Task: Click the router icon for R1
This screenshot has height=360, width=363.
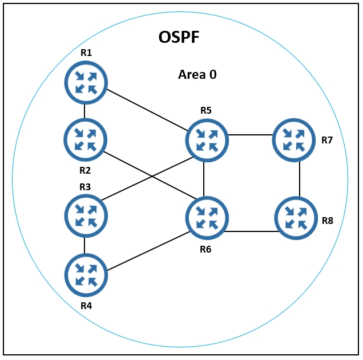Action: click(x=86, y=82)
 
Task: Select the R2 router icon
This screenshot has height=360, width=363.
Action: click(x=86, y=140)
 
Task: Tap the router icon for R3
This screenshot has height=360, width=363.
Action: click(x=86, y=216)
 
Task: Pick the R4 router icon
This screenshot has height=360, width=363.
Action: click(x=86, y=275)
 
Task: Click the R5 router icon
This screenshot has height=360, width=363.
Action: click(x=207, y=140)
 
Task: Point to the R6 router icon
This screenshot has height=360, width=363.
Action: click(x=207, y=218)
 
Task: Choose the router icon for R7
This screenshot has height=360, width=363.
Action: click(x=294, y=140)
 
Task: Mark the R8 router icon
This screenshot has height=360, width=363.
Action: click(x=296, y=218)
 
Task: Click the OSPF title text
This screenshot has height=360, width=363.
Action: click(x=179, y=37)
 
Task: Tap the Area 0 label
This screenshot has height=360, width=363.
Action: click(x=197, y=75)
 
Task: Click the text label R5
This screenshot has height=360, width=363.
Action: click(x=206, y=110)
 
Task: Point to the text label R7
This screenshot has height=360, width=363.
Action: click(x=327, y=140)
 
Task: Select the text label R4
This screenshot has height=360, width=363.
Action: click(x=86, y=306)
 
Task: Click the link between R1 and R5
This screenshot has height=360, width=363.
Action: click(x=147, y=110)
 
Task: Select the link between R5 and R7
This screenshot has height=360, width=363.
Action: click(x=251, y=135)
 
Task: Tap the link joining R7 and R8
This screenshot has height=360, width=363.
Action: click(x=300, y=179)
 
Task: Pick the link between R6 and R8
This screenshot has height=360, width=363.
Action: click(x=252, y=231)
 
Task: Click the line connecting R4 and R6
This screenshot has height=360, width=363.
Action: click(x=149, y=251)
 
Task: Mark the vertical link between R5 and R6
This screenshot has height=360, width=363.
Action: click(x=204, y=179)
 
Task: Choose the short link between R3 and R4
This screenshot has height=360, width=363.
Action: click(x=84, y=246)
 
